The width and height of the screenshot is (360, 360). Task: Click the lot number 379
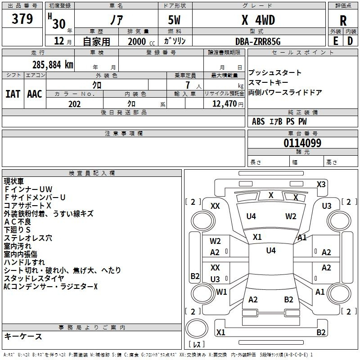pos(22,18)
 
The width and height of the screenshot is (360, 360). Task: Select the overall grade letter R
pos(343,21)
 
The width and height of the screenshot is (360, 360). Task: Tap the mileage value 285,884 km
pos(53,65)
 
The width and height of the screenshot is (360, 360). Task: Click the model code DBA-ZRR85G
pos(258,41)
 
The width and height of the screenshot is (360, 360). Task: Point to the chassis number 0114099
pos(302,143)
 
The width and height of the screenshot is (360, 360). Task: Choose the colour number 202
pos(74,104)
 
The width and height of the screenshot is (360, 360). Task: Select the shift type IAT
pos(13,94)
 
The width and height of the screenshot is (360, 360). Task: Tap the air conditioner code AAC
pos(35,94)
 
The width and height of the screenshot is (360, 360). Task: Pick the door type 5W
pos(174,20)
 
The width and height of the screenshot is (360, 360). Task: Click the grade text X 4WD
pos(258,20)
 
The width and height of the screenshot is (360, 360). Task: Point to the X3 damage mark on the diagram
pos(321,184)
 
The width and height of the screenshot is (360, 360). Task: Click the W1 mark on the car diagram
pos(221,292)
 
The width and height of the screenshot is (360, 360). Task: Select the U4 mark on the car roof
pos(271,250)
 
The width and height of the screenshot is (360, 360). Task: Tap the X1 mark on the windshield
pos(257,237)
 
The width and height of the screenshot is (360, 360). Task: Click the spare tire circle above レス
pos(197,328)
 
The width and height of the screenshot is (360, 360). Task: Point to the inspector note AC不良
pos(18,222)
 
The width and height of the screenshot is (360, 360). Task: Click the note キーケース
pos(23,337)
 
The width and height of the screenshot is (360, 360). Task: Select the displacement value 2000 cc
pos(141,41)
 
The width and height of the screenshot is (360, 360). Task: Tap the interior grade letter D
pos(350,41)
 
